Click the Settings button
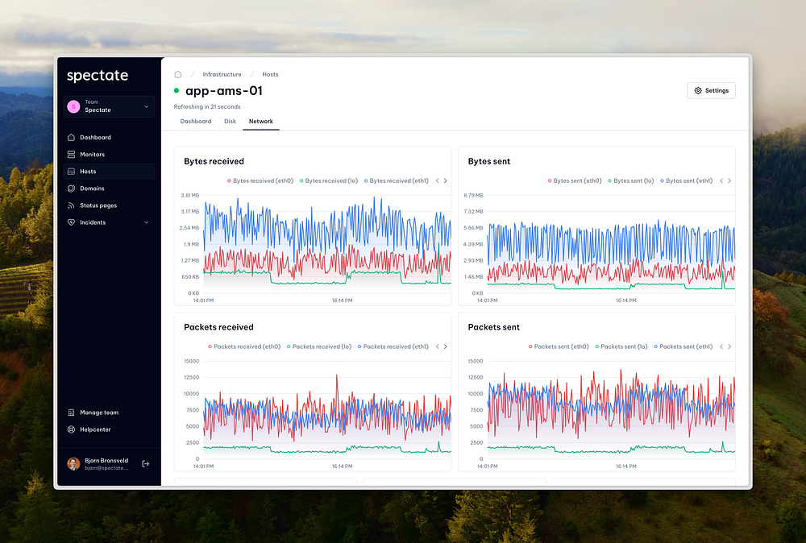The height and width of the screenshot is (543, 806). tap(711, 91)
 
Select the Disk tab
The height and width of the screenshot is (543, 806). tap(230, 122)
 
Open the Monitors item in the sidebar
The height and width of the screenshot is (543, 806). tap(92, 155)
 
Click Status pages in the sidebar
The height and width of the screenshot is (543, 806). tap(98, 205)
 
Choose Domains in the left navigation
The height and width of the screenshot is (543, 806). tap(92, 189)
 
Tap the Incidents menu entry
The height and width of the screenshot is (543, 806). tap(92, 222)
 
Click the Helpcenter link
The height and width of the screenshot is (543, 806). tap(95, 429)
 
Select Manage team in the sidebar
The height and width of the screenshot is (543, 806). tap(98, 412)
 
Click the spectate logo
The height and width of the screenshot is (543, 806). tap(98, 76)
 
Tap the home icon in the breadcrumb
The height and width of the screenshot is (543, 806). tap(178, 74)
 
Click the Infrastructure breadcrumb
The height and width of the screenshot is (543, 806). tap(222, 74)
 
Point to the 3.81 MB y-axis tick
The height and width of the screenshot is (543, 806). tap(189, 196)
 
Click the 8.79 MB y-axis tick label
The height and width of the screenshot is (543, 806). tap(473, 196)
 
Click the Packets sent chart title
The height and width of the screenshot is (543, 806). tap(494, 327)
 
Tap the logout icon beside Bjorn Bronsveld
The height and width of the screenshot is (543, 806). tap(145, 463)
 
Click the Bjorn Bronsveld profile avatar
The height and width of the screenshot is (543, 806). tap(73, 464)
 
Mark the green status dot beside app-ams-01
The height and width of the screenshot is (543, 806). tap(177, 91)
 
